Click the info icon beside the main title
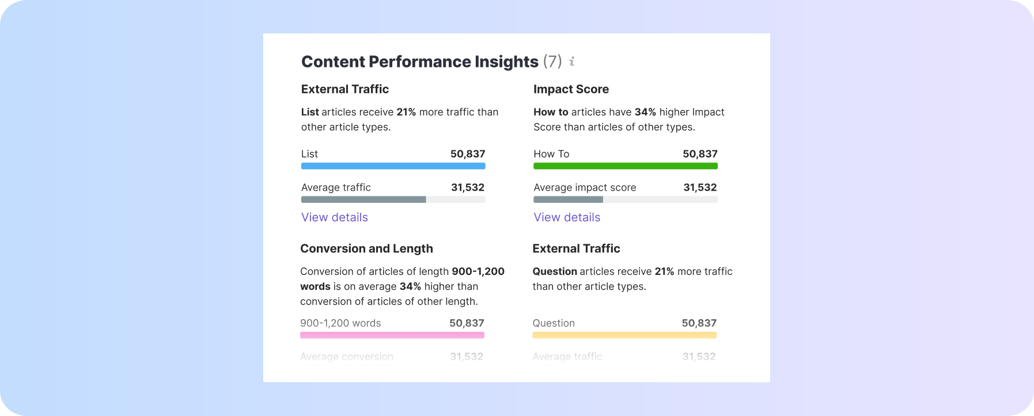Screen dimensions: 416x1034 tap(572, 61)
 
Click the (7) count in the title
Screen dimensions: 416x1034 tap(552, 61)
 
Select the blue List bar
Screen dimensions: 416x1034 tap(393, 166)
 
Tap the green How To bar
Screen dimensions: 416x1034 tap(625, 166)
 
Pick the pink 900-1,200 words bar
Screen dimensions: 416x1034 tap(392, 335)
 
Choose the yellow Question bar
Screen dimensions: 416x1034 tap(624, 335)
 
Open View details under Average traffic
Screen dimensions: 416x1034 tap(335, 217)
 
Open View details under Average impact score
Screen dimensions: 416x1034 tap(567, 217)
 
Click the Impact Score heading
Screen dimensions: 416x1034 tap(571, 89)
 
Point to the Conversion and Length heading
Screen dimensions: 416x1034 tap(366, 249)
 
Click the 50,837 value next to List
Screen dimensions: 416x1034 tap(468, 154)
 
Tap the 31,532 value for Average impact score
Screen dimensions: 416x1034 tap(700, 187)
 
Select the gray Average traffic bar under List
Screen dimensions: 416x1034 tap(363, 199)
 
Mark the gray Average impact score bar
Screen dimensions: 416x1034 tap(568, 199)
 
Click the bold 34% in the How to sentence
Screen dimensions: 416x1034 tap(645, 112)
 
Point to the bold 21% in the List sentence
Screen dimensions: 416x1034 tap(406, 112)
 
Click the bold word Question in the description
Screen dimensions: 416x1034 tap(555, 271)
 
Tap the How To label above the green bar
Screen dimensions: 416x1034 tap(551, 154)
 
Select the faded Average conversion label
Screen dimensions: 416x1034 tap(347, 357)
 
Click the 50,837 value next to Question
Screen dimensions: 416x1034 tap(699, 323)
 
